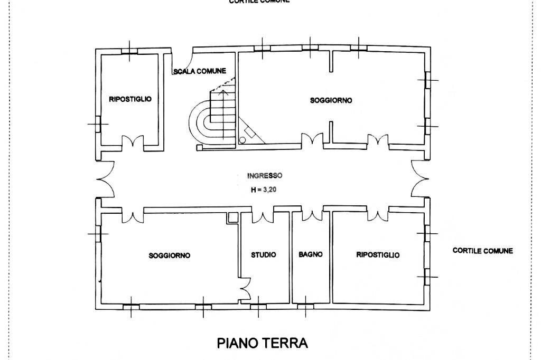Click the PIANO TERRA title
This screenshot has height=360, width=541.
[x=262, y=343]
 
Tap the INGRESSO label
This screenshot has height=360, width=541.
[x=265, y=176]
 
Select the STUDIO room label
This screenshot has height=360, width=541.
[x=263, y=255]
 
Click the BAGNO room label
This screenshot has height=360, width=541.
[x=310, y=254]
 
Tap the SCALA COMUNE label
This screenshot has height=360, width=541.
[x=200, y=71]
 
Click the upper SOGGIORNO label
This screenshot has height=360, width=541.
[x=331, y=100]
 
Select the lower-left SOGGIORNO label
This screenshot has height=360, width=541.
[x=169, y=255]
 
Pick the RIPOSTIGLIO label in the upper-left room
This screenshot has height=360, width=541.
[x=130, y=99]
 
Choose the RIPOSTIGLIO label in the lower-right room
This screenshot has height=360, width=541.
[x=378, y=255]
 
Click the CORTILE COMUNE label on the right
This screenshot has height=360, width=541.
[x=482, y=251]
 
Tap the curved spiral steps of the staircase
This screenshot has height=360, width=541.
[x=201, y=121]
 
